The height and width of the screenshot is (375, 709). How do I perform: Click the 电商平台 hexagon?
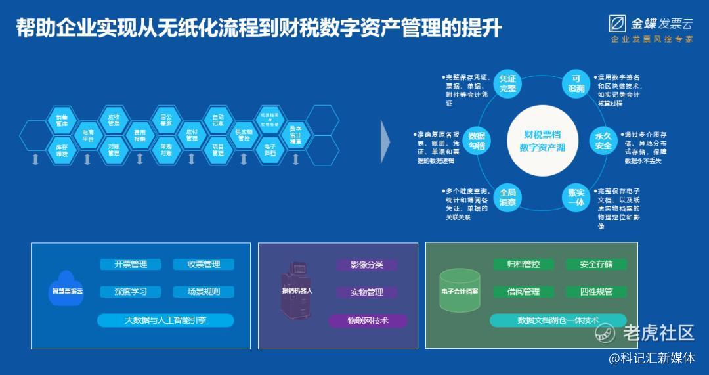pyautogui.click(x=88, y=136)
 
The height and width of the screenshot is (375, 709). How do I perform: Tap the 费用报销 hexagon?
pyautogui.click(x=140, y=135)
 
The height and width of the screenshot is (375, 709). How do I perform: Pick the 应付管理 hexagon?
pyautogui.click(x=192, y=135)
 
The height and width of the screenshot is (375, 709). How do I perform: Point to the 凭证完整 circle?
pyautogui.click(x=507, y=83)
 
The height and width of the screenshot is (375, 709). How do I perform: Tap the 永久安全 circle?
pyautogui.click(x=603, y=141)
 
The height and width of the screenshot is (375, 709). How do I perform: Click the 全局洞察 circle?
pyautogui.click(x=507, y=197)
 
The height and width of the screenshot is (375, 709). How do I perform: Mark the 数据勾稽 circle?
pyautogui.click(x=477, y=141)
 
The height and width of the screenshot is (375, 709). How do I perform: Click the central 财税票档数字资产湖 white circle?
pyautogui.click(x=542, y=141)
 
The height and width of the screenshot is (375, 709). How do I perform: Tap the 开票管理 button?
pyautogui.click(x=131, y=265)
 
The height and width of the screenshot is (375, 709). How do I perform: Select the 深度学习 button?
pyautogui.click(x=131, y=292)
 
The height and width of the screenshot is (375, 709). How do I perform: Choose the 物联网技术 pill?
pyautogui.click(x=368, y=321)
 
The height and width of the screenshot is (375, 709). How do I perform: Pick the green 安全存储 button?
pyautogui.click(x=596, y=265)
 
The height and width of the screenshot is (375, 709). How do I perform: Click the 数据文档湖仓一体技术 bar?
pyautogui.click(x=558, y=320)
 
